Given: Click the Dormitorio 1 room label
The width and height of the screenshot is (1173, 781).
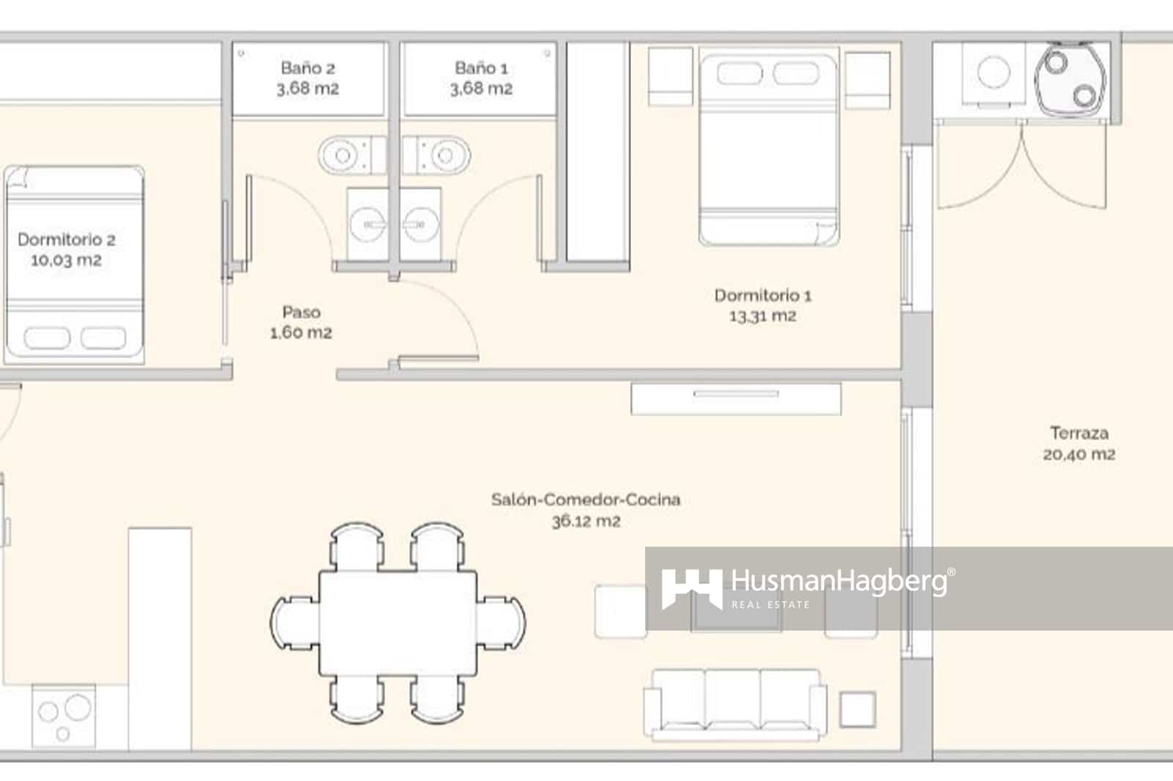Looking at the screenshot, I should [x=762, y=295].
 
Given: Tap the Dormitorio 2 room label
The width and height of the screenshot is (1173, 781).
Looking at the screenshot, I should [x=66, y=240].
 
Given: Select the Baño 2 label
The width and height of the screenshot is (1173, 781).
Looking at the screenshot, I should [x=308, y=68].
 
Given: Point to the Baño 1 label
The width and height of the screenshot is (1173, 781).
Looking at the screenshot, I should [x=481, y=68].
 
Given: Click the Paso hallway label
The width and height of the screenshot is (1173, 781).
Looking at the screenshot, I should [x=301, y=312].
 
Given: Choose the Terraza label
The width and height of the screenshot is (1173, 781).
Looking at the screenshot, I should [x=1078, y=433].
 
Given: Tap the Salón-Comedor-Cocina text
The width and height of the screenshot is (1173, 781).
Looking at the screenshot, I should [x=585, y=500].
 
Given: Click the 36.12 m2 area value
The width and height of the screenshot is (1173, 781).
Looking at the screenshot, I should [x=586, y=522].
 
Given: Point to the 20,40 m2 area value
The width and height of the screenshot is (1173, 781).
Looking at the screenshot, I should [x=1079, y=454].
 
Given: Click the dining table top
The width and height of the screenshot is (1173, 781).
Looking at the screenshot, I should [x=398, y=623].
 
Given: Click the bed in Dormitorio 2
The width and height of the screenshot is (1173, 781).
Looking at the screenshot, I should [x=73, y=265].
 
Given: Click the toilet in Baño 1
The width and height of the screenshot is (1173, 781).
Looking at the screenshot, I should [x=442, y=155].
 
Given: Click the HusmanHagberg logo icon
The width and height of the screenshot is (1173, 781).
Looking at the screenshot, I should [x=691, y=588].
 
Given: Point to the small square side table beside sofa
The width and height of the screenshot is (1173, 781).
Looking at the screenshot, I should [x=857, y=709].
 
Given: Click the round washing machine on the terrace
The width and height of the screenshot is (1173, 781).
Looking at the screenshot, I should [x=994, y=72].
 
